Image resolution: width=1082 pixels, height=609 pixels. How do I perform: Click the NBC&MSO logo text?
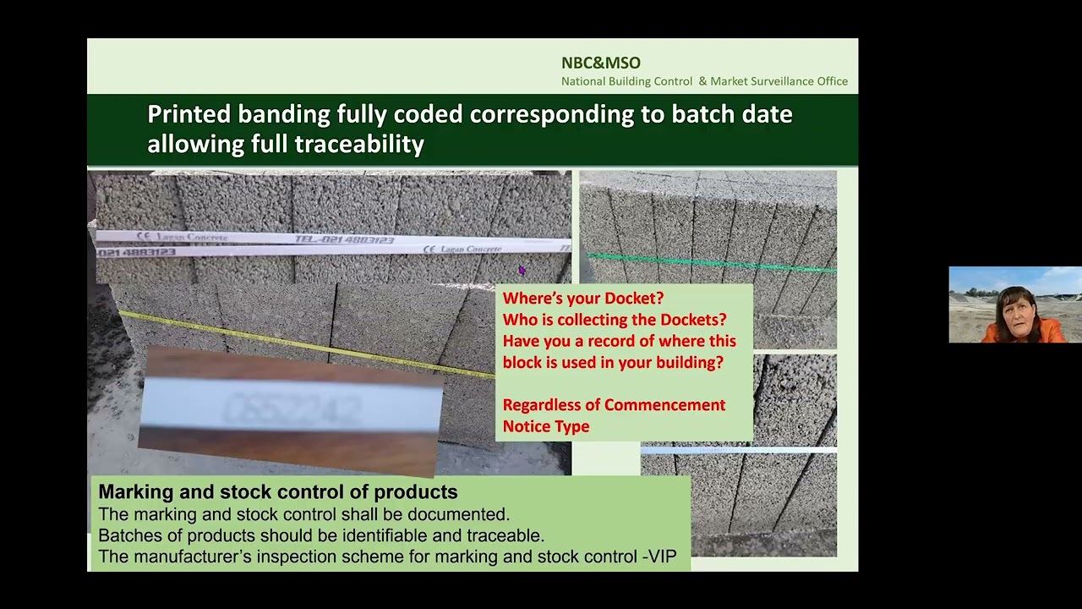pyautogui.click(x=600, y=63)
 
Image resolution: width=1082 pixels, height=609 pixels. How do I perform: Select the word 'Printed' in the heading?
pyautogui.click(x=189, y=114)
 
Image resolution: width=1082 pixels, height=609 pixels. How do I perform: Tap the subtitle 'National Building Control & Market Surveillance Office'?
pyautogui.click(x=704, y=81)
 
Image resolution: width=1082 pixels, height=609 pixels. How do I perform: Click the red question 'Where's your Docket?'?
pyautogui.click(x=582, y=299)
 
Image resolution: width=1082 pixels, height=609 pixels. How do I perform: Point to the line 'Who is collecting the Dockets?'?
pyautogui.click(x=614, y=320)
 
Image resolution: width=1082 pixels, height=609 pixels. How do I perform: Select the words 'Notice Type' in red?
pyautogui.click(x=545, y=426)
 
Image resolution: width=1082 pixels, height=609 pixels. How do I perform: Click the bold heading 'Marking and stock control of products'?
pyautogui.click(x=277, y=492)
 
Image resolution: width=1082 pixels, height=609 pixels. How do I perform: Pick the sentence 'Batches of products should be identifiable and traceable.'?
pyautogui.click(x=320, y=535)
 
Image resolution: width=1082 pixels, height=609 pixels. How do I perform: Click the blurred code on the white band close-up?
pyautogui.click(x=292, y=411)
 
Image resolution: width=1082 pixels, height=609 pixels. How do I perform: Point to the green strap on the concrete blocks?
pyautogui.click(x=710, y=262)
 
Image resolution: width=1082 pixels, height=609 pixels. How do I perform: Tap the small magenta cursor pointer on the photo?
pyautogui.click(x=522, y=270)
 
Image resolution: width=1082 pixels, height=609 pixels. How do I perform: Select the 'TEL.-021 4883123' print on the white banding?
pyautogui.click(x=344, y=240)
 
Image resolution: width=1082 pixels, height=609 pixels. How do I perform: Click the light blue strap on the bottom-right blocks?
pyautogui.click(x=738, y=450)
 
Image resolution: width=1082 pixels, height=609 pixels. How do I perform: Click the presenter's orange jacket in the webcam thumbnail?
pyautogui.click(x=1048, y=332)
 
